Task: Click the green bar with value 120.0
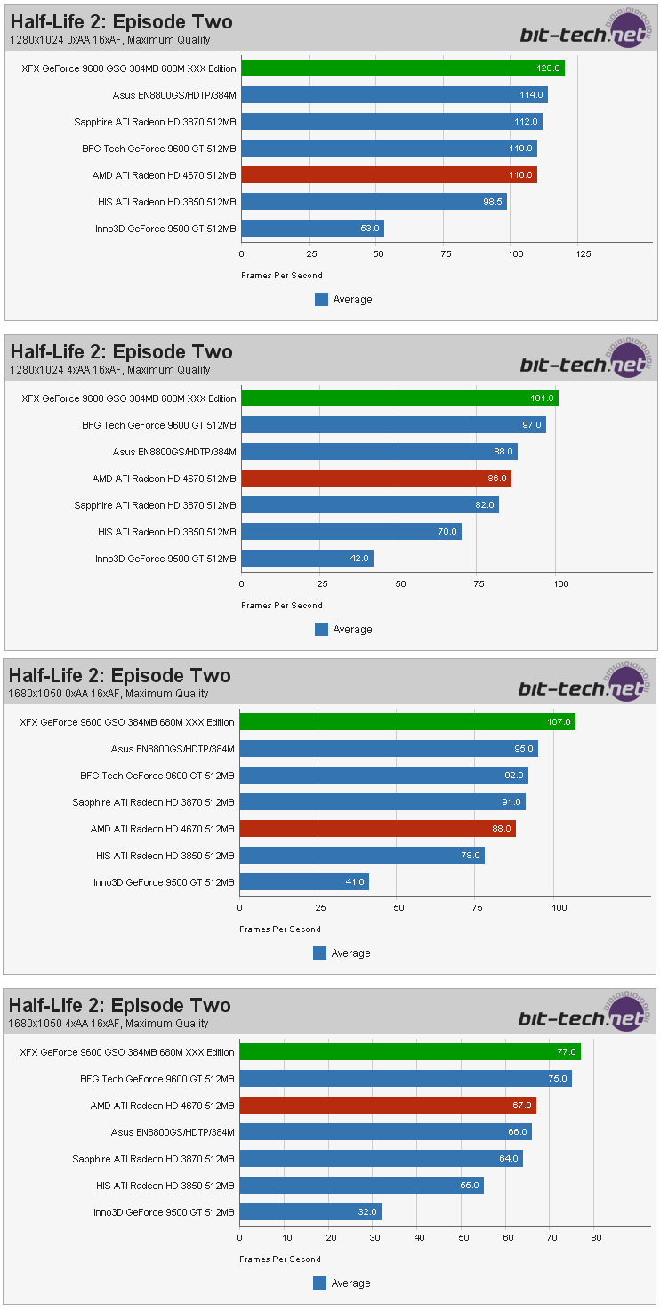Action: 402,68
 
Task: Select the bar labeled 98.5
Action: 374,202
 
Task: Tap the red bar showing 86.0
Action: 375,479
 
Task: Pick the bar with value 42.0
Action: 307,559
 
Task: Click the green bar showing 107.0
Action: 406,722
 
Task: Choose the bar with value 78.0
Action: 361,856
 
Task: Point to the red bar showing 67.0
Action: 387,1106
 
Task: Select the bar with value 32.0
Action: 310,1212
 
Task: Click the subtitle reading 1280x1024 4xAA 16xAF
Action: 110,370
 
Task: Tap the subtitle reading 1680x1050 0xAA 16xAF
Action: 109,694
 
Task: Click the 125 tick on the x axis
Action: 583,254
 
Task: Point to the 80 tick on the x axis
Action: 596,1237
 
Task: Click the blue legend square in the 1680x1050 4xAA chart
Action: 320,1283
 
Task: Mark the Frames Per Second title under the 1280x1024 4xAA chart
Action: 281,606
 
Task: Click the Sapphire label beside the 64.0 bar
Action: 153,1159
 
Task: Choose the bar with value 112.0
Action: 391,122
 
